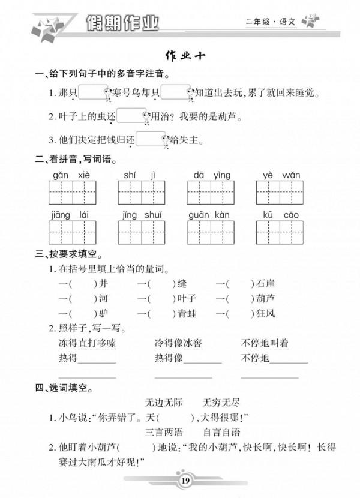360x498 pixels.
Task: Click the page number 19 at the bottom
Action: [184, 480]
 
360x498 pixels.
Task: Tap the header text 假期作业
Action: [123, 23]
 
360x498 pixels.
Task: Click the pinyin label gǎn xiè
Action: [72, 175]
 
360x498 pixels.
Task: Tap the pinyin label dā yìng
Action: [212, 175]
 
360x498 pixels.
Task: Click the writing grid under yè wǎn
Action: [281, 193]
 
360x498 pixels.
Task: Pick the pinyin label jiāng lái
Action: [72, 214]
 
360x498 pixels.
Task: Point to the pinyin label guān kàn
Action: [211, 214]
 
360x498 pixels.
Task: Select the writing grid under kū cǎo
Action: [281, 233]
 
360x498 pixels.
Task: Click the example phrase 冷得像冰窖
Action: [178, 343]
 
